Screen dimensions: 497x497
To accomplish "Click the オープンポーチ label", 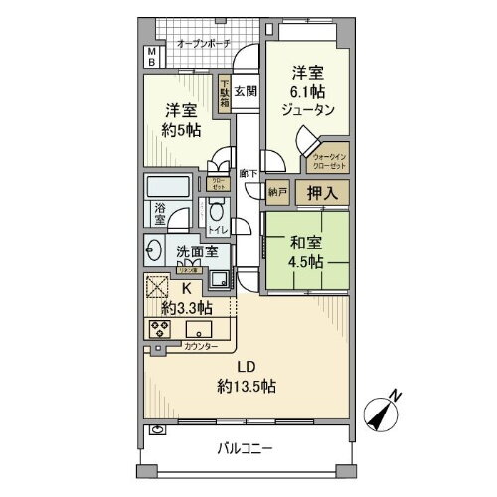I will coord(204,44).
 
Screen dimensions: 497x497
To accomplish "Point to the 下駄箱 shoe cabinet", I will coord(225,93).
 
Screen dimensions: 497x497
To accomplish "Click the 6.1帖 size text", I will coord(304,91).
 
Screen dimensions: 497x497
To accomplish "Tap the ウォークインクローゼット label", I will coord(330,161).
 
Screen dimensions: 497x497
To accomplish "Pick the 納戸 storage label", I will coord(277,193).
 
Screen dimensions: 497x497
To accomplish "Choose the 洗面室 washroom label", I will coord(197,252).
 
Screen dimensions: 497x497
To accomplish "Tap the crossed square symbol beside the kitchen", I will coord(157,288).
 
